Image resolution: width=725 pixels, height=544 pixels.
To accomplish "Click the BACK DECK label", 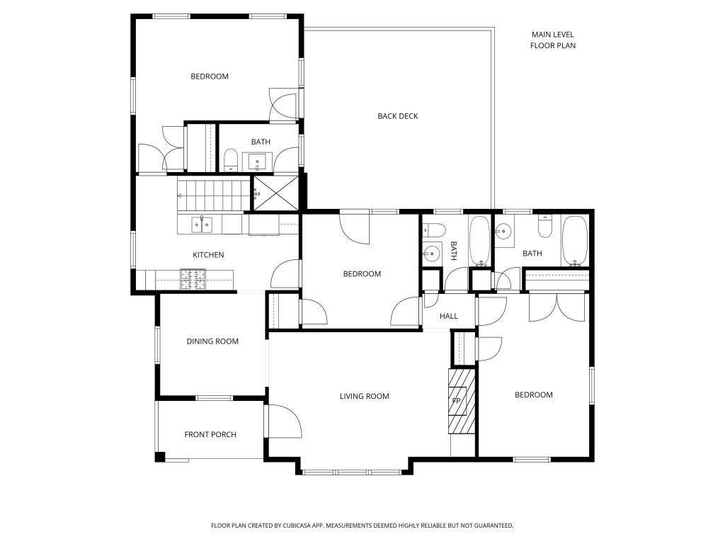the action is [398, 116].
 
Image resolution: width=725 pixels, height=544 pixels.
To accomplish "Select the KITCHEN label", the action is [208, 255].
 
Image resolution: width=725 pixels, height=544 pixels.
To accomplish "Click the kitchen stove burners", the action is [193, 279].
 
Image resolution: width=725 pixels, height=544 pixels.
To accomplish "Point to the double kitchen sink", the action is [202, 225].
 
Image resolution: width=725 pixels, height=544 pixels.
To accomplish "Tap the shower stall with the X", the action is [275, 193].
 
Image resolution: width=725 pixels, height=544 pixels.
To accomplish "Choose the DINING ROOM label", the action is [212, 341].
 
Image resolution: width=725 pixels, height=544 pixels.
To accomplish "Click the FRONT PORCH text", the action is [210, 434].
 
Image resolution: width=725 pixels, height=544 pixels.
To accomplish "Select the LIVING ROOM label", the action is [365, 396].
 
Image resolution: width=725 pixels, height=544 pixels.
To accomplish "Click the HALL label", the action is [448, 316].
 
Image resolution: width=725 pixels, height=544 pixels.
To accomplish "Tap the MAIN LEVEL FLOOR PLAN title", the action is [553, 40].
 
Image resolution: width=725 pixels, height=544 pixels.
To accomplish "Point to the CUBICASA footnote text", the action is [362, 526].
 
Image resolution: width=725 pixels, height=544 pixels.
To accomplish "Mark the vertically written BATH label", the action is [454, 251].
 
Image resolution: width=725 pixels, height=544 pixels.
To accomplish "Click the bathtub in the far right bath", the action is [575, 241].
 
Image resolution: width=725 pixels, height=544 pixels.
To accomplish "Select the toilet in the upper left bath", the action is [230, 159].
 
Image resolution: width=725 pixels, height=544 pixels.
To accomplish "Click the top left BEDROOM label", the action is [210, 76].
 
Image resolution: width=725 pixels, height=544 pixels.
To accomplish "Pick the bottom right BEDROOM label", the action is [534, 395].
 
